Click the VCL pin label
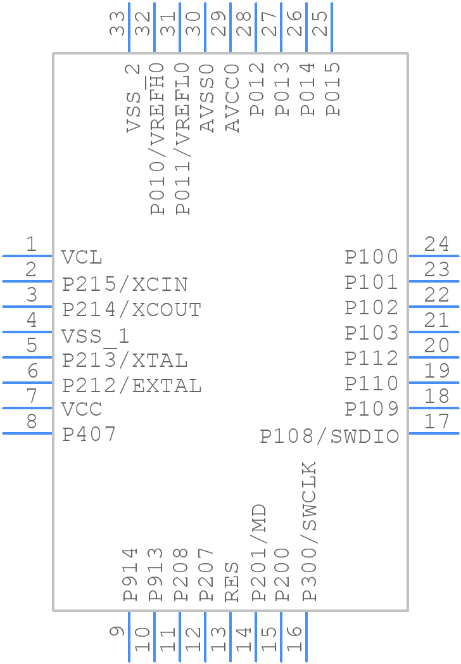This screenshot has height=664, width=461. tap(82, 257)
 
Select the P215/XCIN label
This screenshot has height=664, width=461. tap(125, 284)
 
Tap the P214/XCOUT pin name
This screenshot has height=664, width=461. tap(132, 310)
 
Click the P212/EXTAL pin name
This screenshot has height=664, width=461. tap(132, 386)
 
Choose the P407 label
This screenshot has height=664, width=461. tap(89, 435)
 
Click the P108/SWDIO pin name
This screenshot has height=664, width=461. tap(329, 437)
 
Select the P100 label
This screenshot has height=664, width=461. tap(372, 257)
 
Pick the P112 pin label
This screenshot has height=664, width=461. tap(372, 359)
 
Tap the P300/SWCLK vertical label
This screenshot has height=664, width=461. tap(309, 531)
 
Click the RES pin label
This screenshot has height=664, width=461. tap(232, 582)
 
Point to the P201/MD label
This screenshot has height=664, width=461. tap(259, 552)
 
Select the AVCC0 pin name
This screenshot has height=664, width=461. tap(232, 98)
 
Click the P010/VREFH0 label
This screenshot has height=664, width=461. tap(157, 139)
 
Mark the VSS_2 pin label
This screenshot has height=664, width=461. tap(133, 98)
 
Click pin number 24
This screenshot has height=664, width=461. tap(436, 245)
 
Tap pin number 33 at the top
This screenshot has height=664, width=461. tap(117, 23)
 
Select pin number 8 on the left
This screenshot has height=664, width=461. tap(32, 422)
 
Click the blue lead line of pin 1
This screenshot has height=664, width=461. tap(27, 256)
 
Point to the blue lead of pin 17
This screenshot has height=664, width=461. tap(434, 433)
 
